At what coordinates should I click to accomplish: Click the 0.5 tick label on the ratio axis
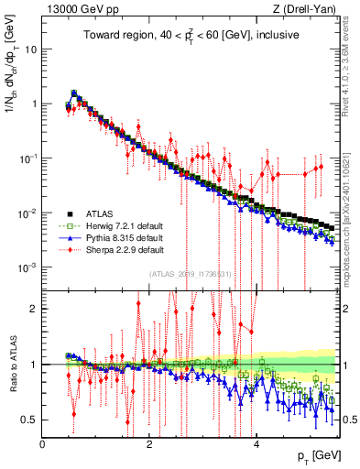click(x=28, y=420)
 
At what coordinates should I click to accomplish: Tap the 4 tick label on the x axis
click(x=257, y=444)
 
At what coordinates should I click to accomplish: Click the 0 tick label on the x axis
click(x=43, y=444)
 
